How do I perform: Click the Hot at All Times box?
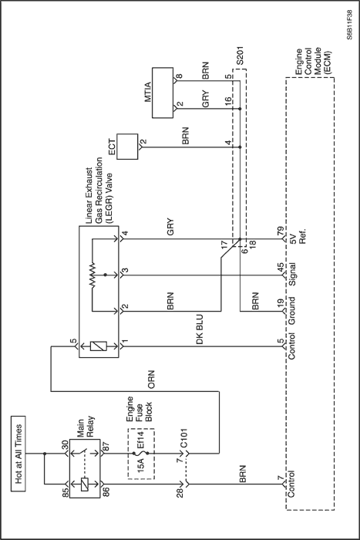coord(19,454)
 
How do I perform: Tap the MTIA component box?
coord(163,93)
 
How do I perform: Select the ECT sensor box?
coord(127,147)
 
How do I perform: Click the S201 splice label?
coord(240,55)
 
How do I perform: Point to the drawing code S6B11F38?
coord(350,25)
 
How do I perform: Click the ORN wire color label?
coord(151,380)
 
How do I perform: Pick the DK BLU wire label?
coord(200,329)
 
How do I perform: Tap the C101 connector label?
coord(183,438)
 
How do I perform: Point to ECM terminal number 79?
coord(280,230)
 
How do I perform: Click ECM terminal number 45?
coord(280,267)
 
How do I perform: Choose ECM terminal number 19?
coord(280,303)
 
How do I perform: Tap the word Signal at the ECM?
coord(292,275)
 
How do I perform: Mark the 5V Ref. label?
coord(298,235)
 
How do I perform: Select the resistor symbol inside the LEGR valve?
coord(93,275)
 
